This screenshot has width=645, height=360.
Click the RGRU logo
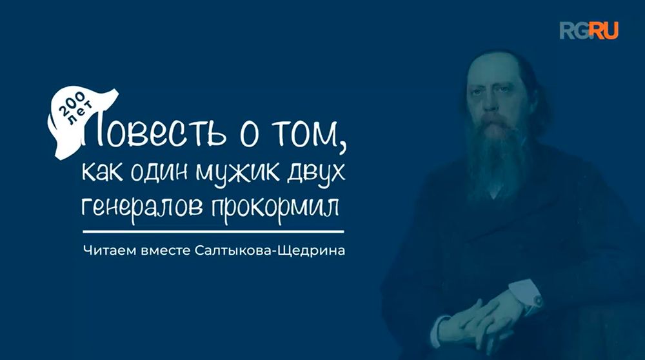pyautogui.click(x=588, y=30)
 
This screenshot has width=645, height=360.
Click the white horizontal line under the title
pyautogui.click(x=213, y=230)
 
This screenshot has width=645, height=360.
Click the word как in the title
pyautogui.click(x=103, y=173)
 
